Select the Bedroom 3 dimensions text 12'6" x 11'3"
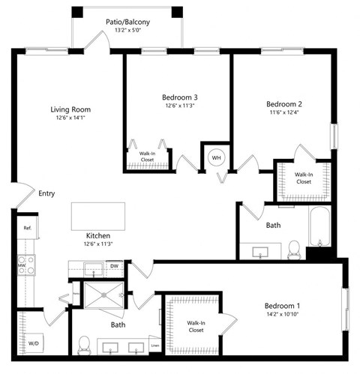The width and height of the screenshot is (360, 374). pos(179,106)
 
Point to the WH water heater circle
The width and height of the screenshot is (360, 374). pos(216,157)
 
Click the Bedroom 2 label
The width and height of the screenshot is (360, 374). pos(284,103)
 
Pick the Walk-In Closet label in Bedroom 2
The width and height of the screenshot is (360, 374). pos(302,178)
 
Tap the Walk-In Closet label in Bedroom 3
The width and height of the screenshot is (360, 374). pos(147,157)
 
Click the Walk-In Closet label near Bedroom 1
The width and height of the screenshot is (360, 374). pos(196,326)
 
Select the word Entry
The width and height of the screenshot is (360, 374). pos(46,193)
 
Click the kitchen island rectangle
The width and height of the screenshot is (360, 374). pos(97,217)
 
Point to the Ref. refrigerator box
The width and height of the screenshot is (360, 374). pos(26,227)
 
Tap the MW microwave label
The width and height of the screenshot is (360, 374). pos(22,265)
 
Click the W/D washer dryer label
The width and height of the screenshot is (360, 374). pos(34,345)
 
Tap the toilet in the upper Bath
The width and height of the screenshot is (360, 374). pos(294,247)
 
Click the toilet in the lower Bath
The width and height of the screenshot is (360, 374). pos(85,345)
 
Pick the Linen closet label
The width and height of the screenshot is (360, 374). pos(154,346)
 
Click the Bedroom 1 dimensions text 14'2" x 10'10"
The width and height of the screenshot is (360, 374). pos(282,316)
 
